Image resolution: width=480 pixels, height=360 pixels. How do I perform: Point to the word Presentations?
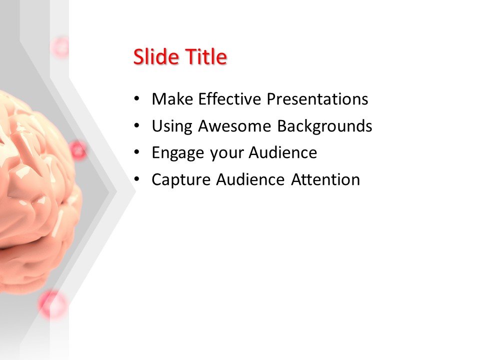point(317,99)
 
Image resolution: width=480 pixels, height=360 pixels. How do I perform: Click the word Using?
point(172,126)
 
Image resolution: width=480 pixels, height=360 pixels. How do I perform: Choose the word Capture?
point(181,179)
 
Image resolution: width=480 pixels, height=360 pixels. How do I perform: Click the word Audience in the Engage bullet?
point(282,152)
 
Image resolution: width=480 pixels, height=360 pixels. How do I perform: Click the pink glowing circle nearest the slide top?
point(61,47)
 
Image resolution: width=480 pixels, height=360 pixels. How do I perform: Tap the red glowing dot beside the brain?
point(77,150)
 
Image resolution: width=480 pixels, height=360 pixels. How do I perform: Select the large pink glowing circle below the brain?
point(52,304)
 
